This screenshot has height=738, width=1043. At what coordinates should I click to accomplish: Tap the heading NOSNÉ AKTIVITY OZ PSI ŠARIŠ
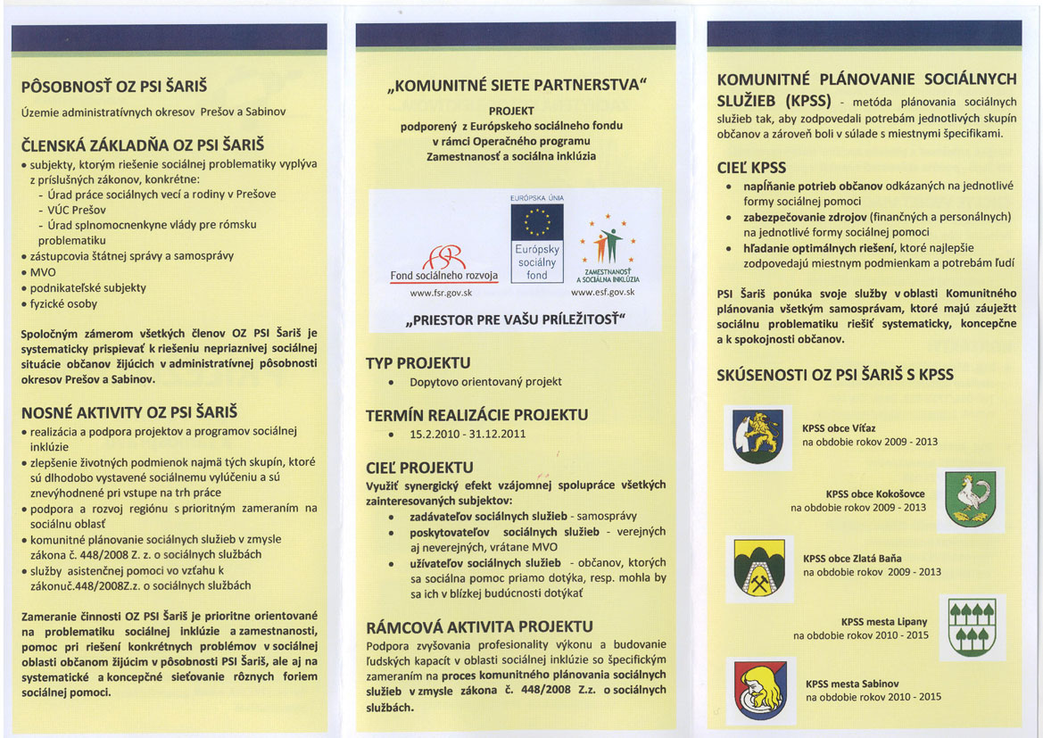click(128, 412)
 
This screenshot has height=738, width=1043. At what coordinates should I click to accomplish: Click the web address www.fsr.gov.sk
click(440, 293)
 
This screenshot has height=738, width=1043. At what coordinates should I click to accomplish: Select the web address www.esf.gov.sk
click(603, 293)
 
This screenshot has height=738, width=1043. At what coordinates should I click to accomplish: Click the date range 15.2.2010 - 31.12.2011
click(468, 434)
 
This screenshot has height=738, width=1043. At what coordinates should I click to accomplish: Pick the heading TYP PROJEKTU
click(418, 363)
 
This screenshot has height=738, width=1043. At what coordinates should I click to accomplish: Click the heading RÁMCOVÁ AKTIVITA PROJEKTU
click(479, 626)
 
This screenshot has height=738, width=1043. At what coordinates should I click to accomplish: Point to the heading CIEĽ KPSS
click(751, 167)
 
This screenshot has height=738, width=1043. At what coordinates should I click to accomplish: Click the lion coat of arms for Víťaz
click(757, 435)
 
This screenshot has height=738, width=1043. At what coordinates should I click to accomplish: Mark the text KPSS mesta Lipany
click(883, 622)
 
